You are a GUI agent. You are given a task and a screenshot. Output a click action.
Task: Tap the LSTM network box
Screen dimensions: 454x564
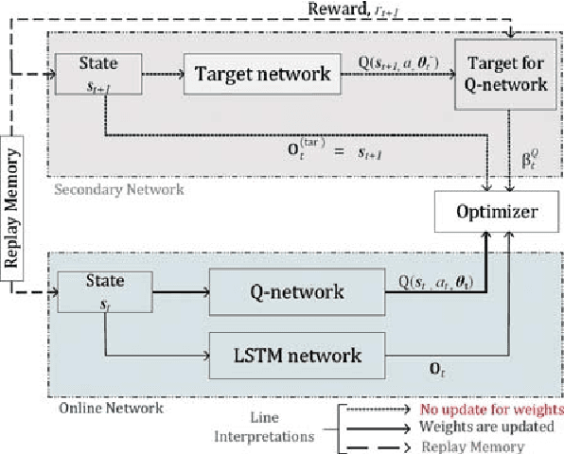pos(283,356)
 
